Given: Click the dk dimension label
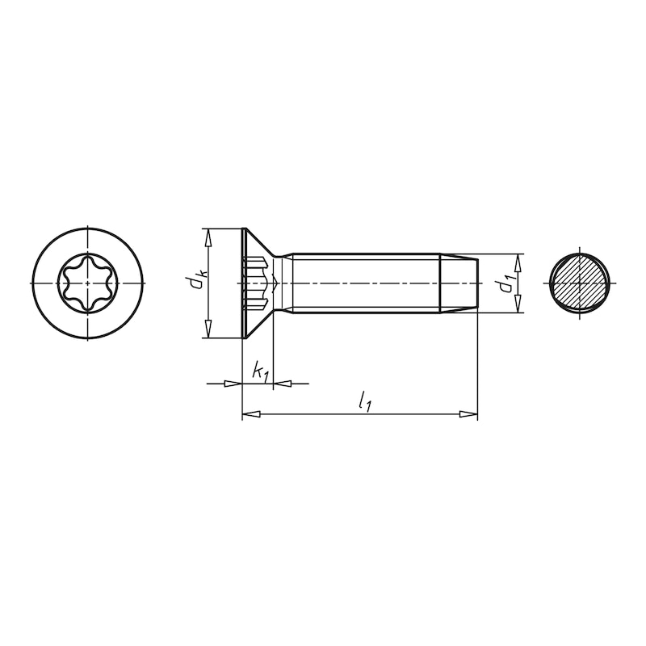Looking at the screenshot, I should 195,282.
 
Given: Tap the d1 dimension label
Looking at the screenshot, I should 506,284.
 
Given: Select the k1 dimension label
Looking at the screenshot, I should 260,372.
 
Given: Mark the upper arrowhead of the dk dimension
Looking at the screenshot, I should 208,237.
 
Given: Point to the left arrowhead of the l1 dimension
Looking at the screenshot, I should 251,414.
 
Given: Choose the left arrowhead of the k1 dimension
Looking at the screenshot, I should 233,383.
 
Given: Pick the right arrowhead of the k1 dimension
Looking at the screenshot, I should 283,383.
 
